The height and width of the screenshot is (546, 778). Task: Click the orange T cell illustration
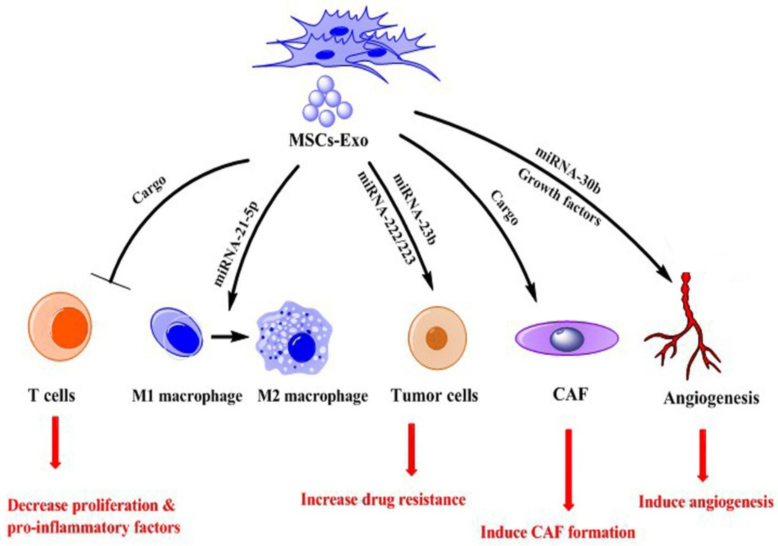coord(60,324)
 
